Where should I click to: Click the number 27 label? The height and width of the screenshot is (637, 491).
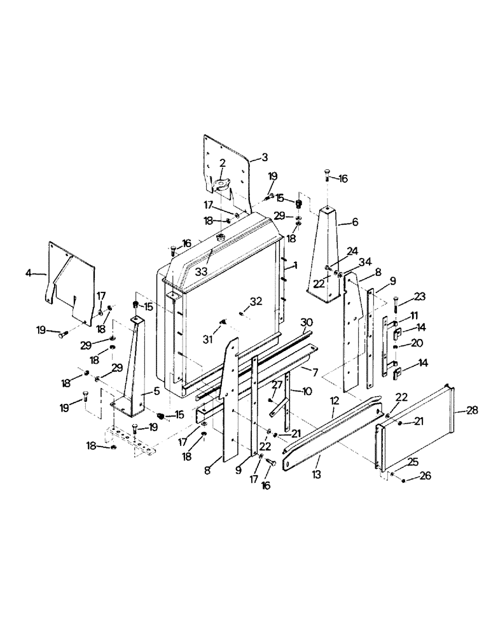coord(276,385)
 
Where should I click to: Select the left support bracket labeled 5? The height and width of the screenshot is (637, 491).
coord(135,369)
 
